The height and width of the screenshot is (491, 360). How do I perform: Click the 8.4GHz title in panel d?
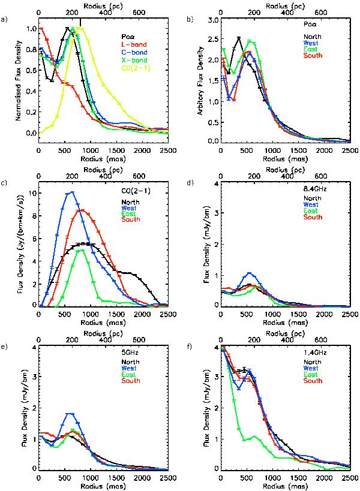coord(312,189)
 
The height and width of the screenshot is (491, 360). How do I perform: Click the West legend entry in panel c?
coord(127,204)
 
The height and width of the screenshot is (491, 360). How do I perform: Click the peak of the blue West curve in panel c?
coord(71,192)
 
